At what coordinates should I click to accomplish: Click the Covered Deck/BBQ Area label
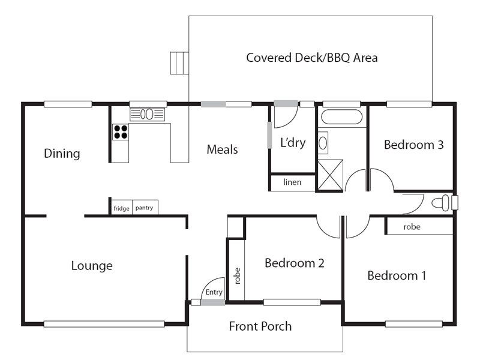[311, 58]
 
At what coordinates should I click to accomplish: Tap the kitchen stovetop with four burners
[121, 132]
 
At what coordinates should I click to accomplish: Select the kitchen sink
[147, 115]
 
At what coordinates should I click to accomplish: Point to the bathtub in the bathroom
[341, 116]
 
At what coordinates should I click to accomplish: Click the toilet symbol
[440, 203]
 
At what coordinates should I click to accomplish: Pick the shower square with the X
[330, 175]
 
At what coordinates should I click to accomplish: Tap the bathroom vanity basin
[323, 143]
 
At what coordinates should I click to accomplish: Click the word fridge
[121, 208]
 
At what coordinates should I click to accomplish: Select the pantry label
[144, 208]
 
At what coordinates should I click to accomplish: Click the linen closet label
[292, 182]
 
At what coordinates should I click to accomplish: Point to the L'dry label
[293, 143]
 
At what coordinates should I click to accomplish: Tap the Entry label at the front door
[214, 292]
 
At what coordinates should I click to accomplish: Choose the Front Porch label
[260, 326]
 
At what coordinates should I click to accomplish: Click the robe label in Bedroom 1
[412, 227]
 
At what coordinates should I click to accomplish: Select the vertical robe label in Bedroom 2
[237, 276]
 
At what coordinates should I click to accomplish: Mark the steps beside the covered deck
[179, 63]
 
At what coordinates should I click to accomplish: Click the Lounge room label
[92, 266]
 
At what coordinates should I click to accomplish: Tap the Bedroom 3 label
[413, 145]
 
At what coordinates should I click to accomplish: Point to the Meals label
[222, 149]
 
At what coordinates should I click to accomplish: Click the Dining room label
[62, 154]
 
